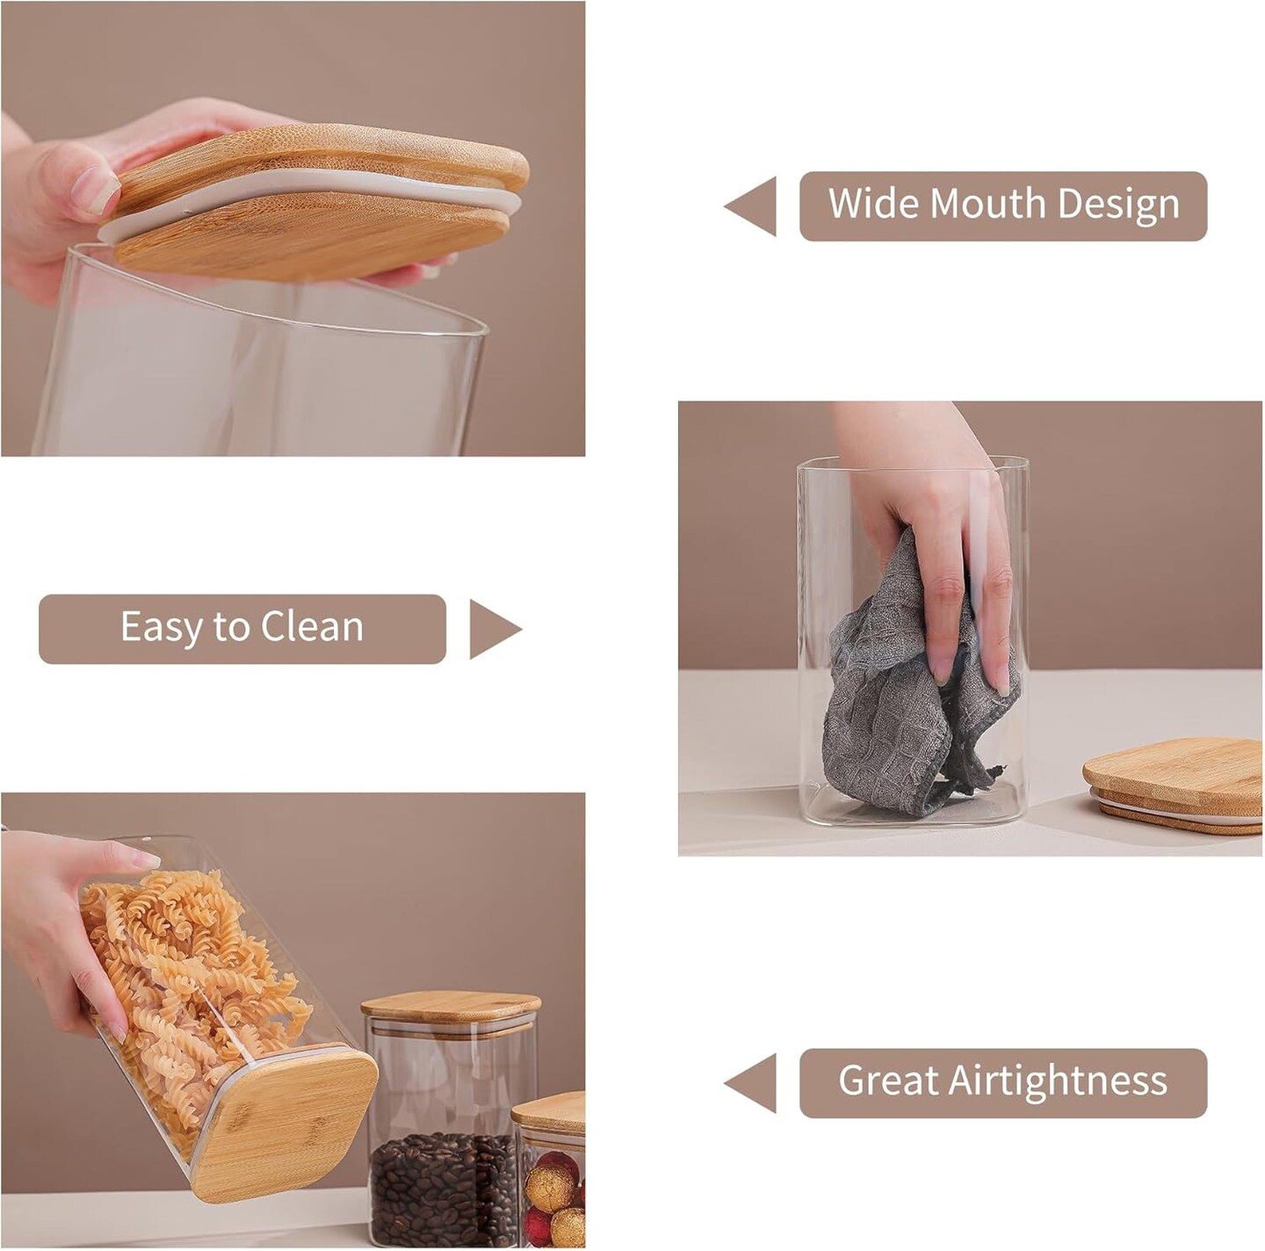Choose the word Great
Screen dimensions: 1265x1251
pos(887,1080)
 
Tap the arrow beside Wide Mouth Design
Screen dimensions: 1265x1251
pos(749,206)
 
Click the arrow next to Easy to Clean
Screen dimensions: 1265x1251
pos(495,629)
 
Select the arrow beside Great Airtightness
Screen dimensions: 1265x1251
pos(749,1083)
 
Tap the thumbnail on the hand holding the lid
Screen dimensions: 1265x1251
pos(96,191)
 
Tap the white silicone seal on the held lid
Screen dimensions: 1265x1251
pos(308,204)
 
